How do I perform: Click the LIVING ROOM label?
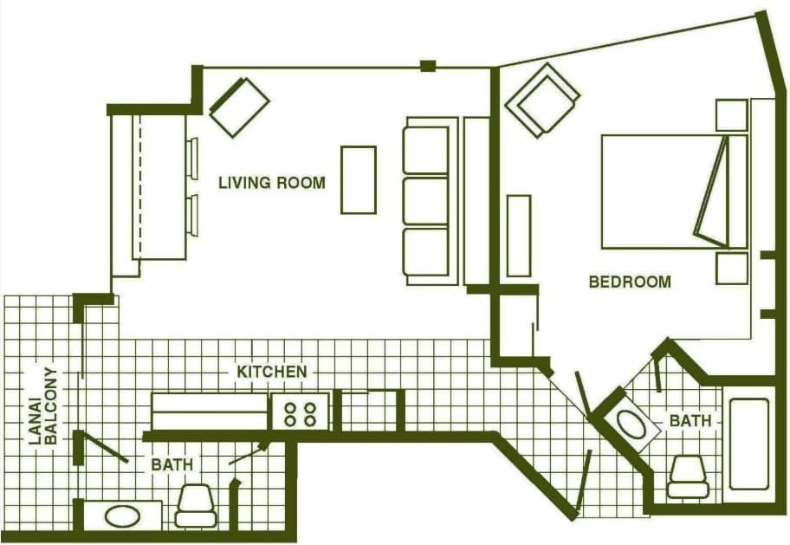272,183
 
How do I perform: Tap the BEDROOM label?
630,282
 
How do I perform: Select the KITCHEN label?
272,372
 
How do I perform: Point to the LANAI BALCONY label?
43,406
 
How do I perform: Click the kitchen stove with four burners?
301,412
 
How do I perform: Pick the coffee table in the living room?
359,180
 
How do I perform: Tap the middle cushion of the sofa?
425,201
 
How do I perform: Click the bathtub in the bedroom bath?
748,444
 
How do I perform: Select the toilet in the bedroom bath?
688,477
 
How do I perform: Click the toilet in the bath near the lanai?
196,506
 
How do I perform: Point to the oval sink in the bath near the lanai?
122,516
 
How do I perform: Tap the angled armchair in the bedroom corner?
542,100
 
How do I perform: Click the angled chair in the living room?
239,107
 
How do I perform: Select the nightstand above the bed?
732,115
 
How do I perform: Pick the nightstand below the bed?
732,269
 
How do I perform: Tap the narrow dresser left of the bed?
519,236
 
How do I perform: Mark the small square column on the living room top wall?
428,66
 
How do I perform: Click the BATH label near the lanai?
172,464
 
